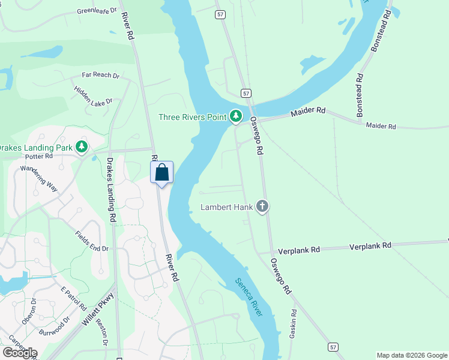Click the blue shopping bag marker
[161, 172]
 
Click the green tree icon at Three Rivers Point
[236, 115]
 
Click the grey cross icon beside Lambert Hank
[262, 207]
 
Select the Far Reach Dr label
[101, 76]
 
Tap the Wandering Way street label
[39, 178]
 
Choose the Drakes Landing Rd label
[110, 187]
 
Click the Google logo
[20, 352]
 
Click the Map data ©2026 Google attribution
[412, 355]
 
